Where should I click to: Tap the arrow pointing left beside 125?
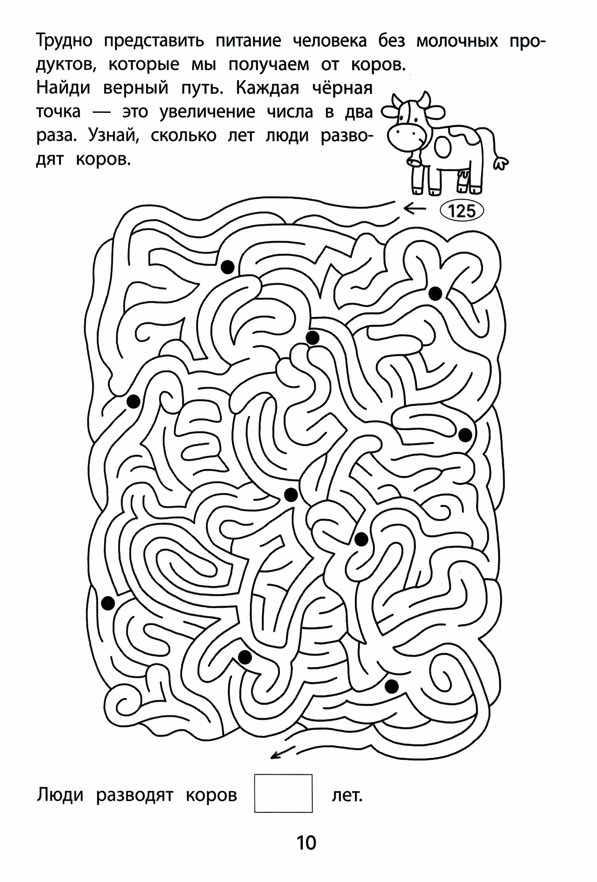[x=414, y=209]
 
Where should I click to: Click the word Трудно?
[x=64, y=42]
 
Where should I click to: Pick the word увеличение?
[x=207, y=112]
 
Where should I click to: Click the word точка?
[x=58, y=112]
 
